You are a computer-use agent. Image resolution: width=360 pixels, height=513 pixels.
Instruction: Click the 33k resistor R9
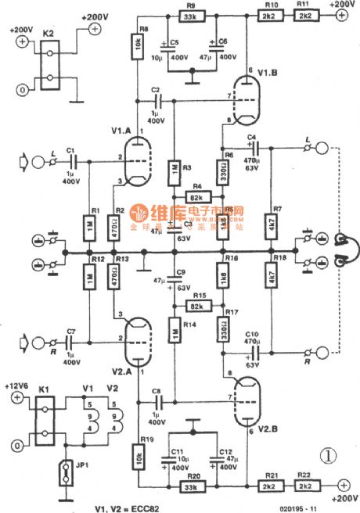pos(191,16)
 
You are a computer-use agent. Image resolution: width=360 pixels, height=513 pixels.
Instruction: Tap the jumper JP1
pos(59,474)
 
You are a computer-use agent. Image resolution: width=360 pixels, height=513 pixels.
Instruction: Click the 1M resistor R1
pos(92,228)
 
